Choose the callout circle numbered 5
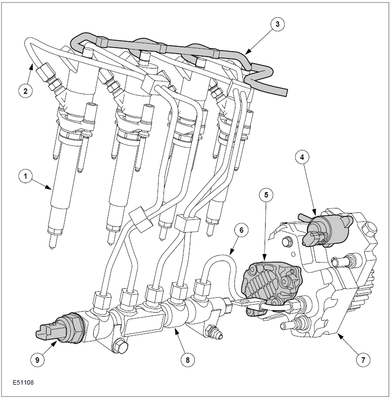click(x=266, y=195)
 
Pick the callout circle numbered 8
click(x=186, y=360)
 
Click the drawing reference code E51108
click(x=23, y=383)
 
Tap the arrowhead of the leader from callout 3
click(x=246, y=52)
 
